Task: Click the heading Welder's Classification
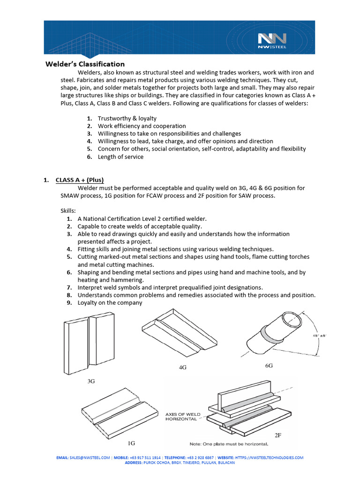coord(85,64)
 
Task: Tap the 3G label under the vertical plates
coord(91,382)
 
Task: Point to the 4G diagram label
coord(183,367)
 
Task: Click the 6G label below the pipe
coord(269,365)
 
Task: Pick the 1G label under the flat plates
coord(132,442)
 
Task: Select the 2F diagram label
coord(278,435)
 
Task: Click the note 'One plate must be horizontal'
coord(229,444)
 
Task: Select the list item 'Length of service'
coord(120,157)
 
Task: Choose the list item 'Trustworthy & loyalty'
coord(127,119)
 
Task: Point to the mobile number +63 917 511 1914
coord(144,457)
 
